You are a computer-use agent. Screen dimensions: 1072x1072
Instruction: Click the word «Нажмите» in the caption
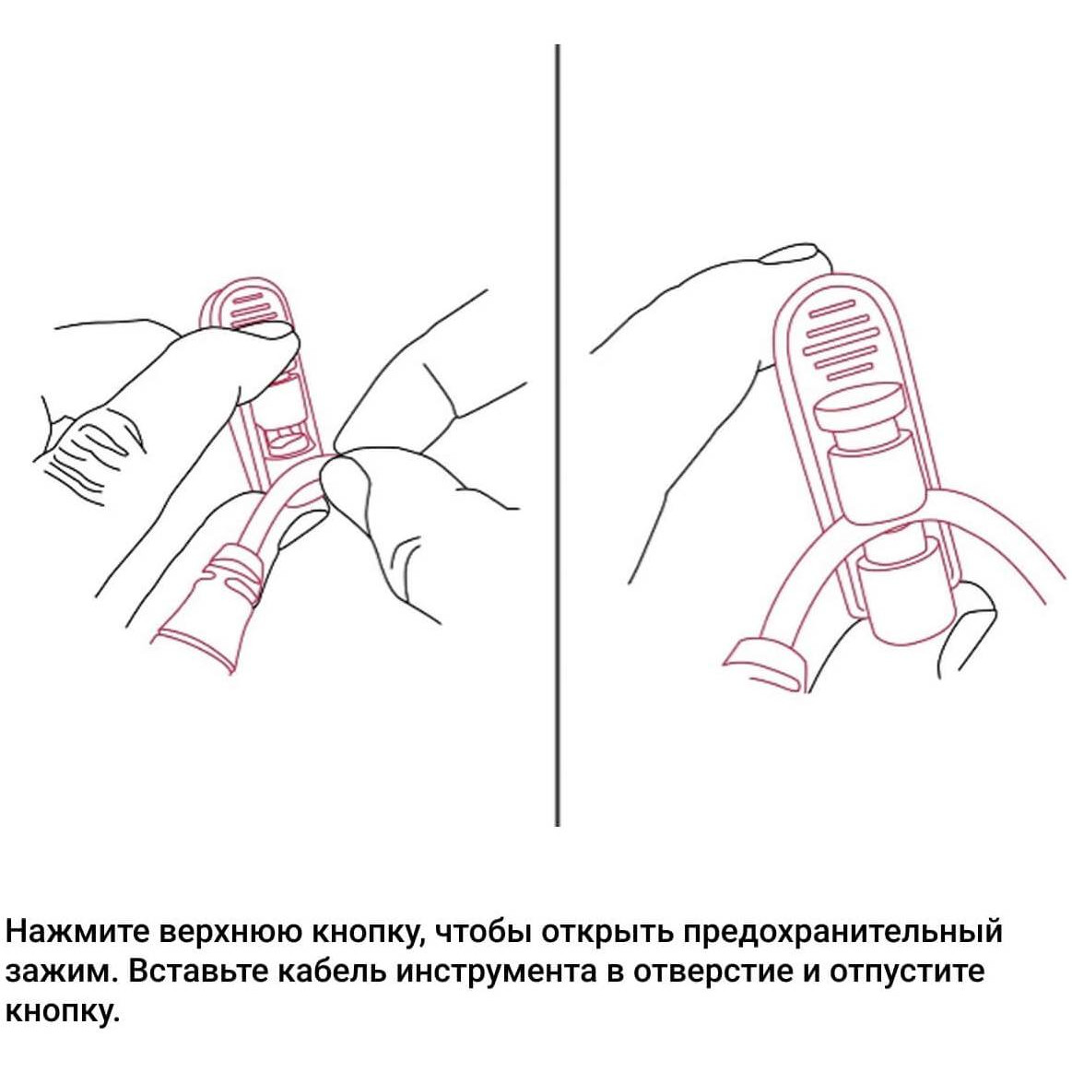coord(77,933)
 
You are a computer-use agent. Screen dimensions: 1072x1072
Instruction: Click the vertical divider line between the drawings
coord(557,435)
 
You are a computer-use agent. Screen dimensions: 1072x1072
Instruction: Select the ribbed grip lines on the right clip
coord(839,340)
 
